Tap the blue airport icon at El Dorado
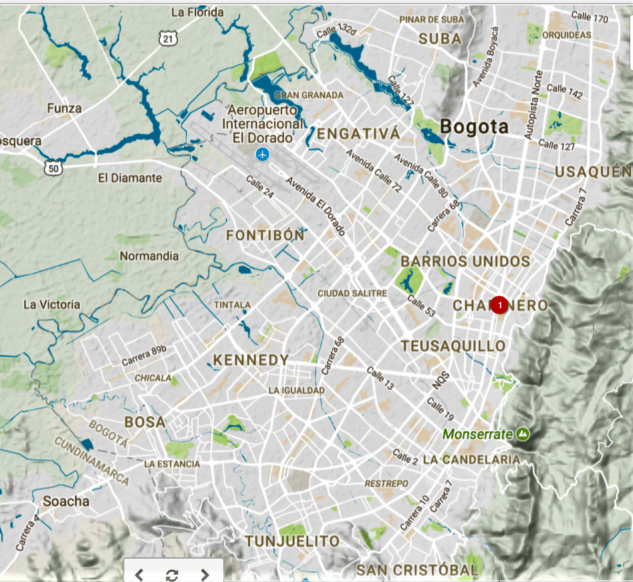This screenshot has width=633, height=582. coord(264,155)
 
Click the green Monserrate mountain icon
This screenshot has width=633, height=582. coord(523,434)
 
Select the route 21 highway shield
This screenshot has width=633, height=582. coord(168,39)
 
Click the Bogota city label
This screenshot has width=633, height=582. coord(474,127)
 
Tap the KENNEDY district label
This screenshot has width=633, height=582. coord(251,360)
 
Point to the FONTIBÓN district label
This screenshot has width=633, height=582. coord(265,236)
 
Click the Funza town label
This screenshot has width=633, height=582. coord(65,108)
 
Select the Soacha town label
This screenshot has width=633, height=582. coord(66,501)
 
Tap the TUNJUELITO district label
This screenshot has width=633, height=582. coord(292,541)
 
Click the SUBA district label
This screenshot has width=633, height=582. coord(440,39)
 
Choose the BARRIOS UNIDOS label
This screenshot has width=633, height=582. coord(465,261)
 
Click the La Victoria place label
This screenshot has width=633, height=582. coord(51,304)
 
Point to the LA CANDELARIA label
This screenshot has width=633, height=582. coord(471,460)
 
